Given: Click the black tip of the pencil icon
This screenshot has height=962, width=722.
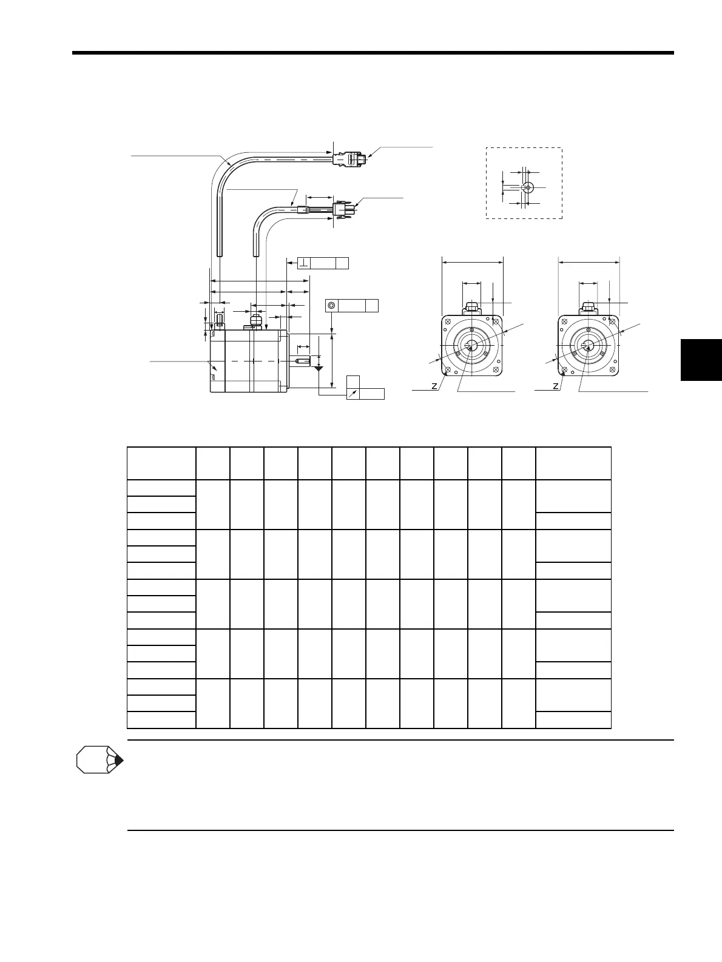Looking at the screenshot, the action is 119,761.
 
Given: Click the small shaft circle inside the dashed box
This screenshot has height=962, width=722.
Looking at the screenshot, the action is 527,187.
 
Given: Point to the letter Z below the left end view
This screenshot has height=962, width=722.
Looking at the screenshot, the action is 434,386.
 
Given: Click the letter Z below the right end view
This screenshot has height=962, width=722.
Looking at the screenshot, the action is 555,386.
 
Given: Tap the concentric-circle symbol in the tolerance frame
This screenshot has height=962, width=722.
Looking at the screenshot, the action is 331,305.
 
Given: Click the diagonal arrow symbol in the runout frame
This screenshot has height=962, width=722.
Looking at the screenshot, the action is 353,394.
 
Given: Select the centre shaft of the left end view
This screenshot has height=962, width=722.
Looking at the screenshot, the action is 471,346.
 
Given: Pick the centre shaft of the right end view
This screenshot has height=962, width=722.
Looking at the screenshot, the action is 588,346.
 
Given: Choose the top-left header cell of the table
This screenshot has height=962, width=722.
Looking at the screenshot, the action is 161,463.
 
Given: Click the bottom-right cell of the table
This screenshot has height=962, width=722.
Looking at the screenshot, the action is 573,719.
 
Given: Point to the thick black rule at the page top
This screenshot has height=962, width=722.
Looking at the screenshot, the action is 373,53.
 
